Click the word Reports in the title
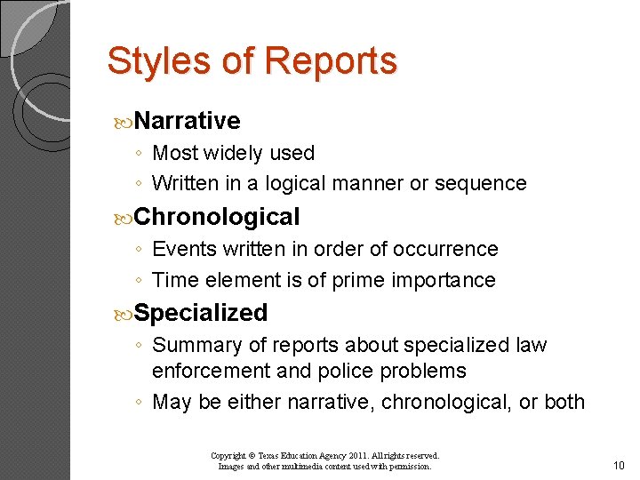pos(331,61)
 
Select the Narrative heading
pos(188,121)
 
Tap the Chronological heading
pos(218,217)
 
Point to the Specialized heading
pos(202,313)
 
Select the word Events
pos(183,249)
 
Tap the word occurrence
pos(446,249)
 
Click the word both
pos(564,402)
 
